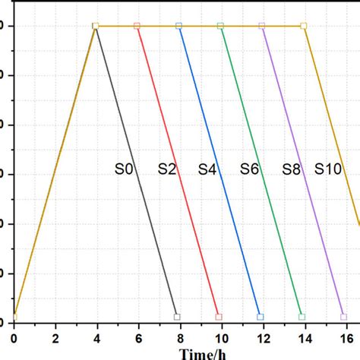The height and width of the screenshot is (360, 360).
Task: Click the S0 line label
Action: pos(124,169)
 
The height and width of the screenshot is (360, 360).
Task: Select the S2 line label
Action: pos(167,169)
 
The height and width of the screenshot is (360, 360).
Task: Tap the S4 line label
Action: pos(207,169)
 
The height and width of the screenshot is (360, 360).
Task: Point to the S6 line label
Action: pos(249,169)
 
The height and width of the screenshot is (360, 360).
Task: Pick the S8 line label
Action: pos(291,169)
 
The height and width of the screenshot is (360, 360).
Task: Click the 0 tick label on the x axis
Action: pos(13,336)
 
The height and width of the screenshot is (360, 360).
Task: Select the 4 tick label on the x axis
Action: pos(96,336)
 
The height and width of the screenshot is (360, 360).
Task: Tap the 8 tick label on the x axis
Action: pos(179,336)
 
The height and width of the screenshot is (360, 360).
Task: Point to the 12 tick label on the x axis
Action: pos(262,336)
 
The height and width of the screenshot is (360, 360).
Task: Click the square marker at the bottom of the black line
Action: pos(177,317)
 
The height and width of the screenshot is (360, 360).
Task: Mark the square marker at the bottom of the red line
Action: pos(219,317)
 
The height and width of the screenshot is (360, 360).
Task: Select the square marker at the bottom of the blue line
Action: pos(261,317)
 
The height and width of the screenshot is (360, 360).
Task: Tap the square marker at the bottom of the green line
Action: pos(302,317)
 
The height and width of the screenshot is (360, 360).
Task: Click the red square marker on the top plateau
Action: pos(137,26)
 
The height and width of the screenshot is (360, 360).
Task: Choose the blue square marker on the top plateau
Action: pos(179,26)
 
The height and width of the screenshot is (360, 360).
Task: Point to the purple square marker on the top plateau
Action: pos(263,26)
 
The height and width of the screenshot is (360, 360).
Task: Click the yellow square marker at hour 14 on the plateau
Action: pos(304,26)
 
